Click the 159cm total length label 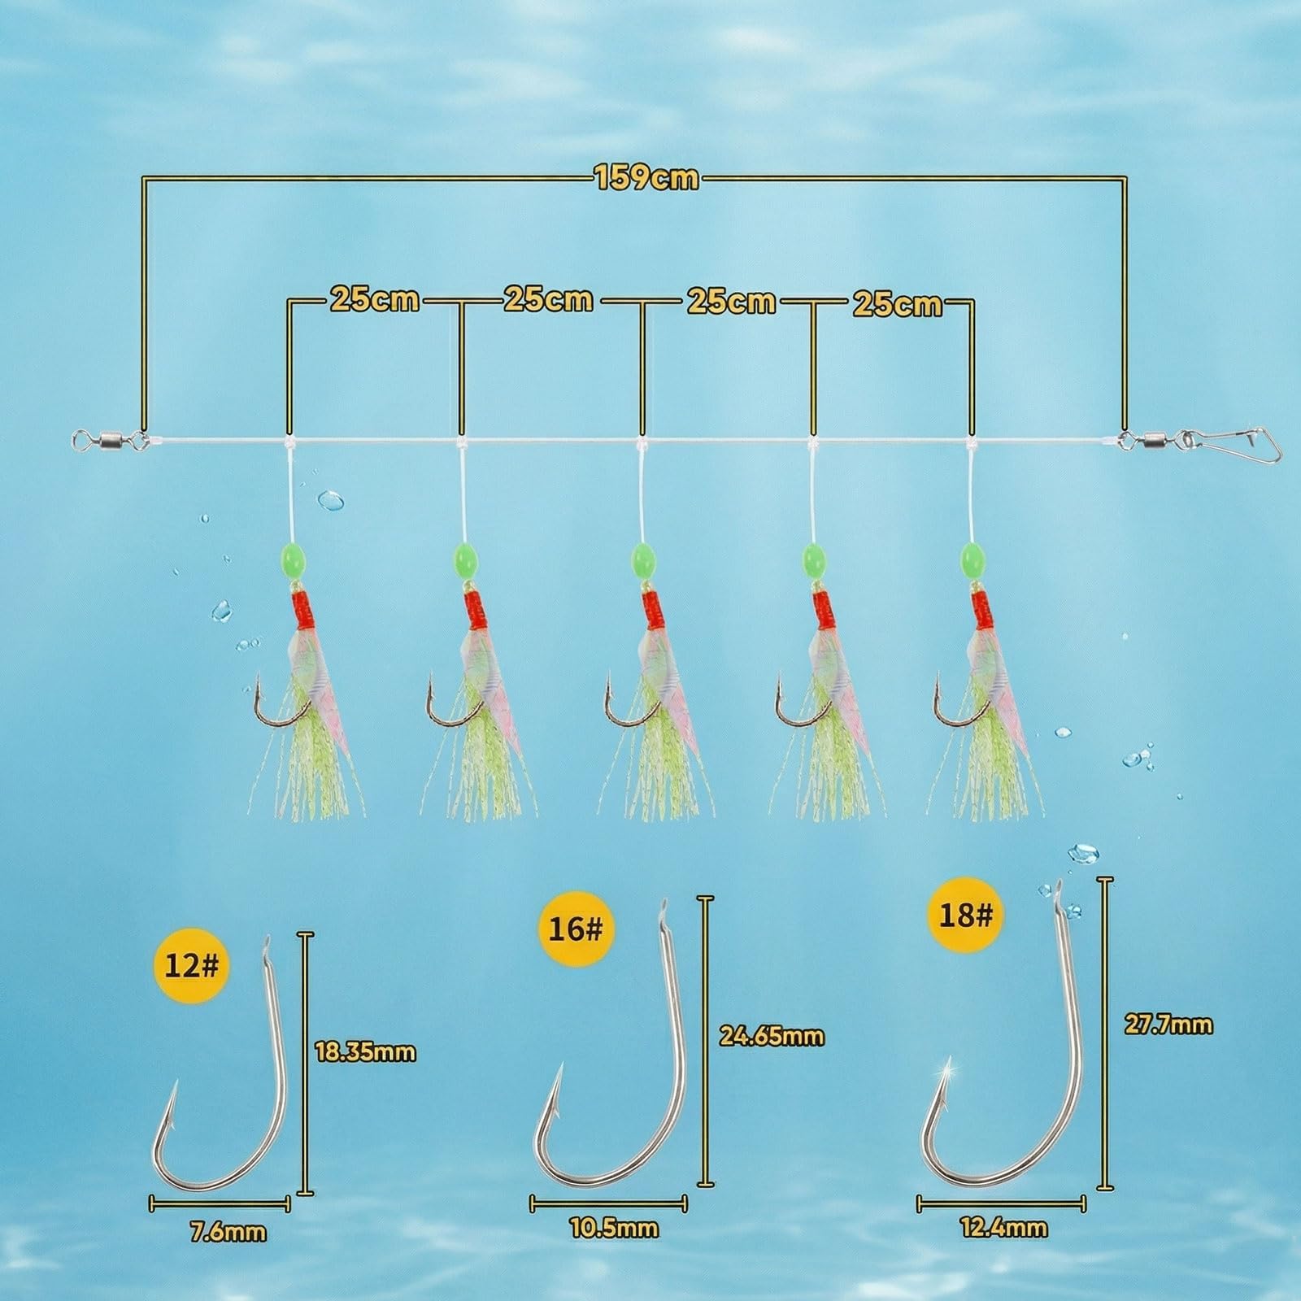[x=647, y=177]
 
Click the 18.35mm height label [x=365, y=1052]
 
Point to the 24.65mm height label [x=772, y=1035]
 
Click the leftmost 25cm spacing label [x=374, y=299]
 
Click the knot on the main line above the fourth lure [x=811, y=444]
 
